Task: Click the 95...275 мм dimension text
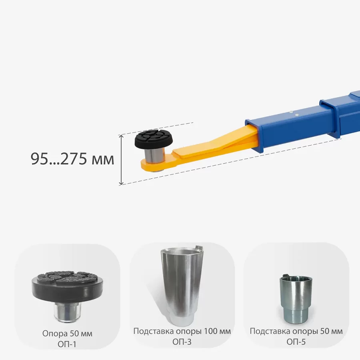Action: click(x=72, y=159)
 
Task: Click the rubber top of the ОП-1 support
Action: click(x=67, y=286)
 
